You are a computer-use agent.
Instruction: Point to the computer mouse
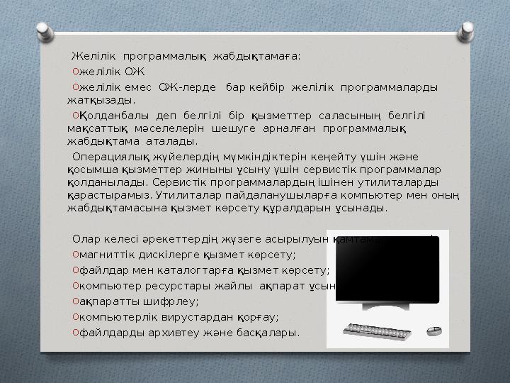pyautogui.click(x=433, y=331)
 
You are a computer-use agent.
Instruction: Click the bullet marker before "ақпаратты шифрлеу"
pyautogui.click(x=74, y=301)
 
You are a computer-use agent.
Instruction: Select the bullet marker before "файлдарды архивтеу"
pyautogui.click(x=74, y=332)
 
